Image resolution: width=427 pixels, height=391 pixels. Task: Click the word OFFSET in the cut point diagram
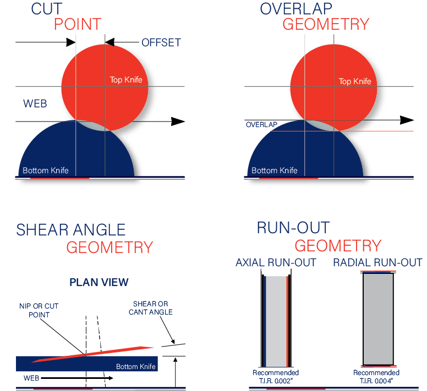[161, 42]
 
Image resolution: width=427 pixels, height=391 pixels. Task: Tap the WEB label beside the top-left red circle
[35, 104]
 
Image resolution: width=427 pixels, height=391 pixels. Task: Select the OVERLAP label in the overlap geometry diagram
[261, 125]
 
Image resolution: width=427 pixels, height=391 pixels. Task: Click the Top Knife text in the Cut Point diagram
[126, 80]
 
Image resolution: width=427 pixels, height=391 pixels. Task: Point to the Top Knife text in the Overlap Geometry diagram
[355, 81]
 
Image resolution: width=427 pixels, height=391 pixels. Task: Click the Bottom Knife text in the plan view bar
[136, 366]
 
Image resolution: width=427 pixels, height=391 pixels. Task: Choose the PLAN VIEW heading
[99, 283]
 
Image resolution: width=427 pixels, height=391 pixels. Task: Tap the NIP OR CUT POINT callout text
[39, 311]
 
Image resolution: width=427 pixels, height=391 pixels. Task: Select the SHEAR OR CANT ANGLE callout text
[151, 308]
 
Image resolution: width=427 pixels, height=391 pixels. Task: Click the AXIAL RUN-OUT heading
[276, 262]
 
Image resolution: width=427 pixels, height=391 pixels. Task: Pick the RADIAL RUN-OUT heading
[378, 262]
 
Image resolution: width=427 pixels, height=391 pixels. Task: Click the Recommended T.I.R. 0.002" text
[276, 377]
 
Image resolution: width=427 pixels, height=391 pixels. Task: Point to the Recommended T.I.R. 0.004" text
[376, 377]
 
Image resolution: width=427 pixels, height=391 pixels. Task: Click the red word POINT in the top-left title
[78, 24]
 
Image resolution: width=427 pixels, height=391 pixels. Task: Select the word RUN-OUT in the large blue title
[293, 228]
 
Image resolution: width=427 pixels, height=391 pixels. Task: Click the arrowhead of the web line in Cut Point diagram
[178, 122]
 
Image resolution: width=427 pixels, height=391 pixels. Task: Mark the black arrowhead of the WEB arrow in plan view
[110, 378]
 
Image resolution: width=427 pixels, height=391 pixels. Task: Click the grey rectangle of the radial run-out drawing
[378, 319]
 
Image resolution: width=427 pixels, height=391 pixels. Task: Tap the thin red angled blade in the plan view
[92, 354]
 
